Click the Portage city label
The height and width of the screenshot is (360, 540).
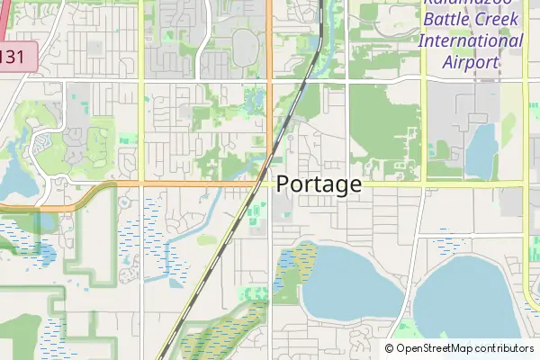(319, 184)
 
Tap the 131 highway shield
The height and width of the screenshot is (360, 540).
(13, 57)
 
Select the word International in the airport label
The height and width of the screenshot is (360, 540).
(471, 40)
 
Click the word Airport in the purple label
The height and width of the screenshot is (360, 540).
(471, 62)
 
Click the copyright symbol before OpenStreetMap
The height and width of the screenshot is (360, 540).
(390, 348)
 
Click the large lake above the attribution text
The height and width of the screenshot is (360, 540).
(472, 297)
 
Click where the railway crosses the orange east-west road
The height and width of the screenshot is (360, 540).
(262, 184)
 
